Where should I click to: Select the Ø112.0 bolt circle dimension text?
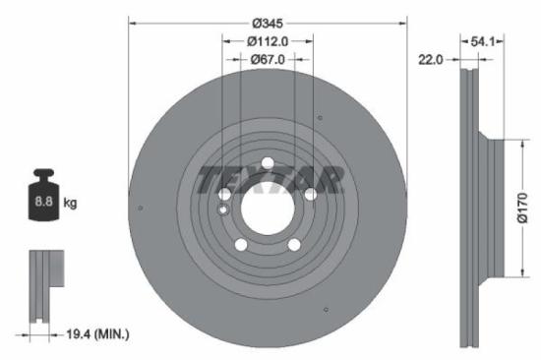click(x=267, y=41)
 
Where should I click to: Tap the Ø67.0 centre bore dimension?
click(x=267, y=59)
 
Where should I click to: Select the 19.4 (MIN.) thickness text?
click(x=91, y=335)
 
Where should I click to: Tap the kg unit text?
click(x=70, y=203)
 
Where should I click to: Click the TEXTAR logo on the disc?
click(x=271, y=179)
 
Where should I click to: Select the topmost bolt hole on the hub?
click(x=267, y=163)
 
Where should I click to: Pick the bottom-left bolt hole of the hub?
click(x=240, y=245)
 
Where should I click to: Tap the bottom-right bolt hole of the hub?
click(x=293, y=245)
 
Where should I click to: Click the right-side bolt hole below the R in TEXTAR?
click(x=310, y=195)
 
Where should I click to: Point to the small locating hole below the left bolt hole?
click(x=224, y=210)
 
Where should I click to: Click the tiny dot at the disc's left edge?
click(x=143, y=208)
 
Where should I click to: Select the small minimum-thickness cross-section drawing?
click(x=42, y=284)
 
